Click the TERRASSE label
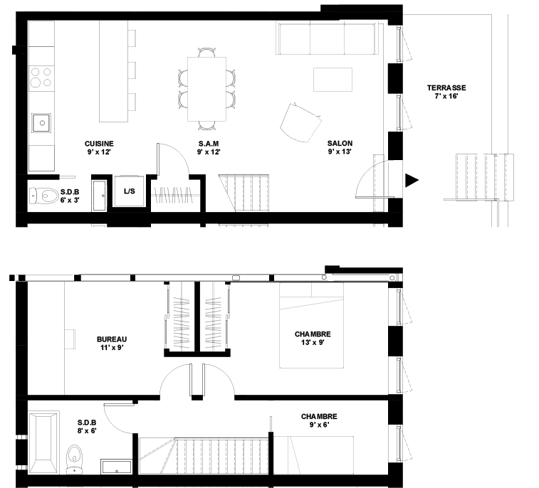coord(446,88)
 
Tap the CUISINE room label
coord(99,144)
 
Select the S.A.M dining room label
coord(209,144)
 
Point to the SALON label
coord(340,143)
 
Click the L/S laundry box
coord(129,191)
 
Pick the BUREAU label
coord(112,339)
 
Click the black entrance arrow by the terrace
coord(412,181)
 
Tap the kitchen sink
coord(41,123)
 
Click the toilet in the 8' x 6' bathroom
coord(74,458)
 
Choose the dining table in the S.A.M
coord(206,89)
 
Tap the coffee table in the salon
coord(333,80)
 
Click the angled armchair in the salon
coord(300,122)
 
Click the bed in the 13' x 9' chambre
coord(311,326)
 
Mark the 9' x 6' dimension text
coord(320,425)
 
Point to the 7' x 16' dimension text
coord(446,96)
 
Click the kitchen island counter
coord(113,71)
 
